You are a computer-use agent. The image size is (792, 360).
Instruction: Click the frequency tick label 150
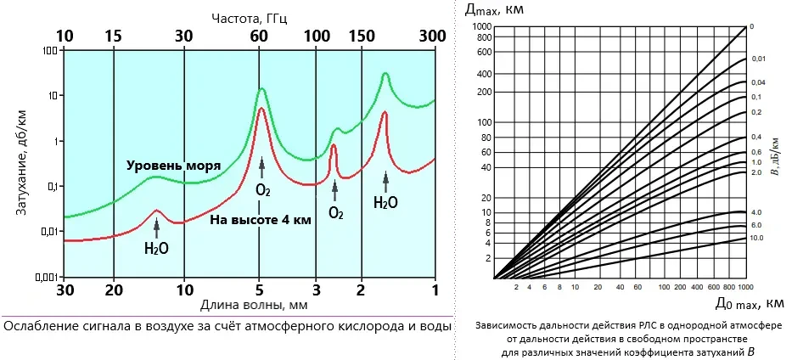[362, 37]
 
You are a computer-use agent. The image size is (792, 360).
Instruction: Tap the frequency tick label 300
[434, 37]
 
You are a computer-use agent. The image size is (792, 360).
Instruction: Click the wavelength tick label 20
[114, 289]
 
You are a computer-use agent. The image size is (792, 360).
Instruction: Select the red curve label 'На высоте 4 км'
[261, 219]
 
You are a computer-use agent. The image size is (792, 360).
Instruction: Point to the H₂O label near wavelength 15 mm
[156, 249]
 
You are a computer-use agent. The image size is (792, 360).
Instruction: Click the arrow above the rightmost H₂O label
[386, 178]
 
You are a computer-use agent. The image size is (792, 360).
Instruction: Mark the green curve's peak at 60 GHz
[262, 89]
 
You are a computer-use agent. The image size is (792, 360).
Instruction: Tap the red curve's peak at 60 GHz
[262, 108]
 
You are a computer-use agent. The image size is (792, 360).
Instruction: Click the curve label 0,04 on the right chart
[758, 82]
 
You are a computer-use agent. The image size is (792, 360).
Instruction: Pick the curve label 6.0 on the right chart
[757, 226]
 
